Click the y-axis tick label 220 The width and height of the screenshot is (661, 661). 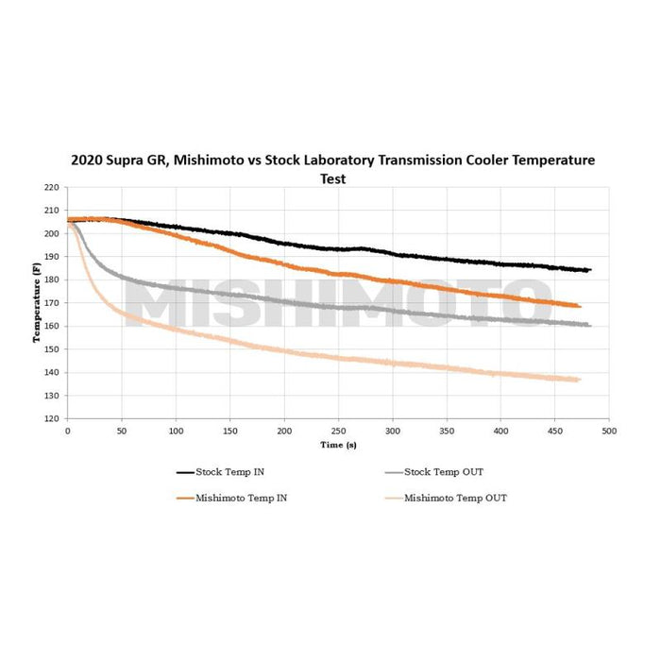(53, 187)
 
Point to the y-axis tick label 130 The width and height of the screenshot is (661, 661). (53, 396)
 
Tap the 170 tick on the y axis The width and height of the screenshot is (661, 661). (53, 303)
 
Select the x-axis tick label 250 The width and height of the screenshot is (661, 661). (338, 430)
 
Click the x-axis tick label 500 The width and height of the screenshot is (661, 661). (609, 430)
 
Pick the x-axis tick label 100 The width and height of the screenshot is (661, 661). (176, 430)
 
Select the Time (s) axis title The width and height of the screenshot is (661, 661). (338, 443)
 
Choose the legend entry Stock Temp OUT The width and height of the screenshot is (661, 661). (443, 471)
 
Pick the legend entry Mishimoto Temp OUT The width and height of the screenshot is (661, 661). (454, 498)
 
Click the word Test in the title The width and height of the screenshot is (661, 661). (331, 178)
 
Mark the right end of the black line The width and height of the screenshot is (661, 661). (589, 270)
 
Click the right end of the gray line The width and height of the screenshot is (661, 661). (589, 325)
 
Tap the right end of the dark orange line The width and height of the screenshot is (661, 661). (580, 306)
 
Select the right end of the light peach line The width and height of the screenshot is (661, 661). (579, 380)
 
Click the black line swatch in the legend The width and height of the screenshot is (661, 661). (184, 471)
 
